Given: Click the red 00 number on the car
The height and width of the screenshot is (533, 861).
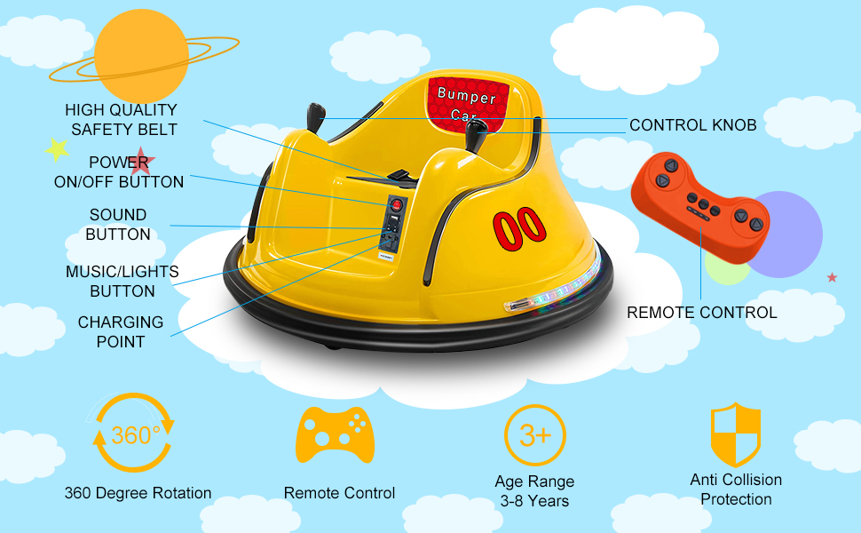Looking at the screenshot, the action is pos(519,225).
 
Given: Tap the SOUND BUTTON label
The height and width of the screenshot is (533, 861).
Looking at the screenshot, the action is pos(118,225).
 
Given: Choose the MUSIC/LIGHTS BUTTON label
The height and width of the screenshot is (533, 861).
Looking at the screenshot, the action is pos(122,281).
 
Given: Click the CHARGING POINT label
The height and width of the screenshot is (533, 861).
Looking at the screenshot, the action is pos(121,331).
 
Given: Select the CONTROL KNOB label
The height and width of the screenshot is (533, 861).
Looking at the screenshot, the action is pos(692,125).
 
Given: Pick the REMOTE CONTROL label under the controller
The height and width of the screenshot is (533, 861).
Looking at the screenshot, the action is pos(701,313).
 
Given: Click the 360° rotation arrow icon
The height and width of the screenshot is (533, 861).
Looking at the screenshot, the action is pos(135,433).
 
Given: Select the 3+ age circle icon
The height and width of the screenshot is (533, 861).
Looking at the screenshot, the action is pos(534,435).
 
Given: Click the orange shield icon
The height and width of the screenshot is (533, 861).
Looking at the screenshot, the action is pos(735,434).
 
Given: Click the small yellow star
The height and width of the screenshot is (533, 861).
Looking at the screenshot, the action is pos(58,149).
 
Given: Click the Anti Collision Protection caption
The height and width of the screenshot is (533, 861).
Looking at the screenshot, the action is pos(736,489).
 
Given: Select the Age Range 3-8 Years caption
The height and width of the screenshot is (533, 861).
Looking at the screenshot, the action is pos(534,491).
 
